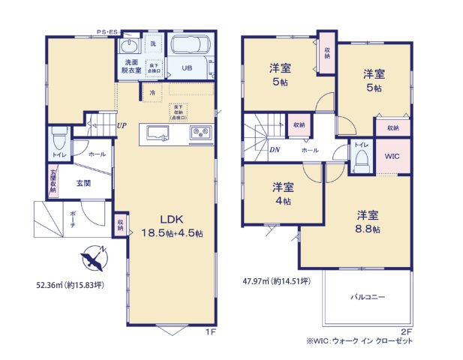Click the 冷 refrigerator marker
click(x=153, y=93)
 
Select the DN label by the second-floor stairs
click(x=254, y=149)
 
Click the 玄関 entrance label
click(x=83, y=183)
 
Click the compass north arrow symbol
click(x=94, y=259)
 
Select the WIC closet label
click(x=392, y=157)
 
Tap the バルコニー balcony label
click(x=368, y=298)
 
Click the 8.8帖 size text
click(x=368, y=229)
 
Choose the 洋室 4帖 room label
click(x=282, y=193)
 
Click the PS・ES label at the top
click(x=107, y=32)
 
